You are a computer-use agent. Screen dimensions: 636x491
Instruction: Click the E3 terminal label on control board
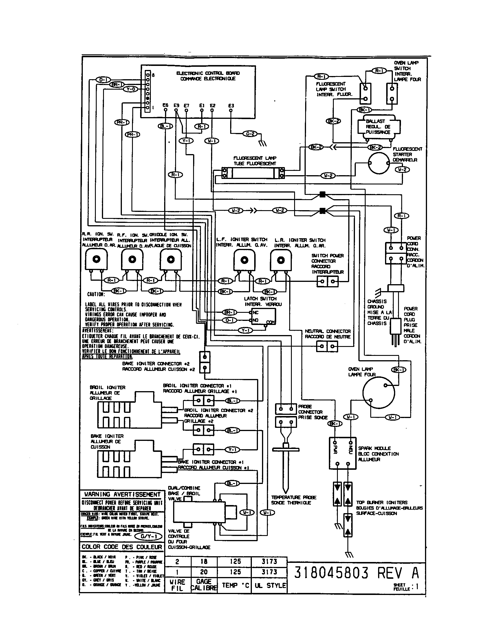231,106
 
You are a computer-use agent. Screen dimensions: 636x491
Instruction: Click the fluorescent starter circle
378,163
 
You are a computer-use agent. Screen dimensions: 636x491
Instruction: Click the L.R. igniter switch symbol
281,260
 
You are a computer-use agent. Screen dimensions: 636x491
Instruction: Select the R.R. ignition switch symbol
96,259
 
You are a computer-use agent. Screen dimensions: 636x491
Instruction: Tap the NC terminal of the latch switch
250,312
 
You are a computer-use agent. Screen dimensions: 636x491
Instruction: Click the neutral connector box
327,346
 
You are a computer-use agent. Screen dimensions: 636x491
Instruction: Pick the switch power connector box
327,281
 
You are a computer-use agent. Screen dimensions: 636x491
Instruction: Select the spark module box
342,453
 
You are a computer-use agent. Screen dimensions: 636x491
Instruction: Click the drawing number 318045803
331,573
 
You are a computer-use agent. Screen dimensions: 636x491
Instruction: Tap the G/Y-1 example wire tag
149,536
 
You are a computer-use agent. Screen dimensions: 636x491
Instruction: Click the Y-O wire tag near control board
131,89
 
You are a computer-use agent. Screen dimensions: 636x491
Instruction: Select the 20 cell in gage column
204,572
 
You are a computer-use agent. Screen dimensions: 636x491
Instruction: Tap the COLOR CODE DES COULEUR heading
122,547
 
